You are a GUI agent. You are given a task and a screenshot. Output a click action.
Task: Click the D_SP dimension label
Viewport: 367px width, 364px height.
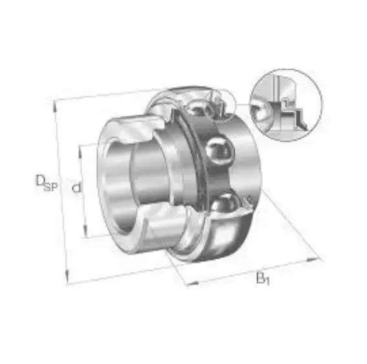pos(47,183)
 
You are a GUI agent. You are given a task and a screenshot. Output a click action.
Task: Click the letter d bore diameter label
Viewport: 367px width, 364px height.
pos(76,187)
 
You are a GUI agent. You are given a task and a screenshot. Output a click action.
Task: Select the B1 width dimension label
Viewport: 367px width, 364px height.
pos(263,279)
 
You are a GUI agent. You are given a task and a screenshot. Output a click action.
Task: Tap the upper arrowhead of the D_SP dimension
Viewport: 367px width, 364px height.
pos(55,106)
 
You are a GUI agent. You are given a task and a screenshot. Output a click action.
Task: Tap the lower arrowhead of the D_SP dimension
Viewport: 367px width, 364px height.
pos(67,277)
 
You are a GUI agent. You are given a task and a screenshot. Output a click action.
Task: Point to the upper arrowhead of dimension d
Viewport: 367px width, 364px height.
pos(80,151)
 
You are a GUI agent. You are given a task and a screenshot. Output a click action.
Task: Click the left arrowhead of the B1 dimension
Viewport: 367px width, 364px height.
pos(193,283)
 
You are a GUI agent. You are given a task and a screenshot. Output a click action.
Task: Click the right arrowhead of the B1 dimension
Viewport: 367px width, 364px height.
pos(313,259)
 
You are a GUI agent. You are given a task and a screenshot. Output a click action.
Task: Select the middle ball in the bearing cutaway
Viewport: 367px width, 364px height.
pos(220,152)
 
